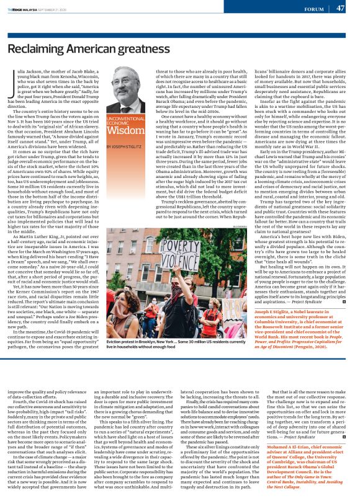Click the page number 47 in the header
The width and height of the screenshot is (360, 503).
341,8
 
